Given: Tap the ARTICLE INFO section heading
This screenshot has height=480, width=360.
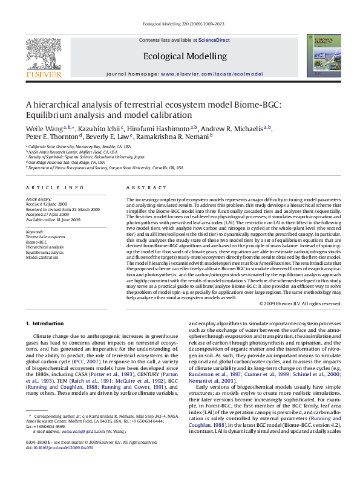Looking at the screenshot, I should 50,189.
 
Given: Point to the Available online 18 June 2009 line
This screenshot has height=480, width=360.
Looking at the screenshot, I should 53,218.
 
